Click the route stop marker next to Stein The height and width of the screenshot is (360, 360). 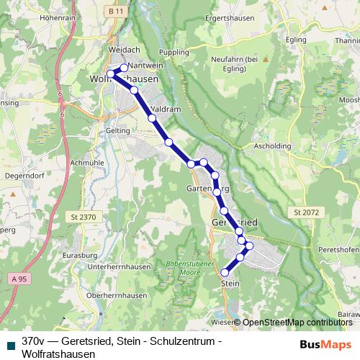pos(225,272)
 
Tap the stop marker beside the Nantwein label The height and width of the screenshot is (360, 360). pos(124,68)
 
